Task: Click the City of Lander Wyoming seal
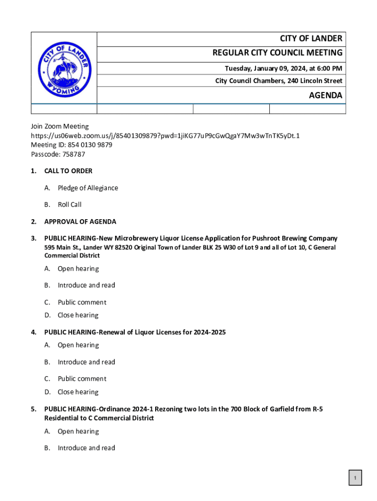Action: click(64, 69)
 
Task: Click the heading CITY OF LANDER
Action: click(311, 39)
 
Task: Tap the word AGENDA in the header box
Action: click(325, 95)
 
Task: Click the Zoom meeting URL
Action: click(165, 136)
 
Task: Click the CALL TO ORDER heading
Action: click(68, 171)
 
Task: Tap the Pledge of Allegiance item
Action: click(88, 188)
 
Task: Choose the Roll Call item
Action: click(70, 205)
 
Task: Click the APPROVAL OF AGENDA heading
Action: click(80, 222)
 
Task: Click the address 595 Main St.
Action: click(63, 248)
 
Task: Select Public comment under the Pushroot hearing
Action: click(82, 302)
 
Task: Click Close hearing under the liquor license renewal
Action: click(78, 392)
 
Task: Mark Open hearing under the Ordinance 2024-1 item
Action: click(78, 432)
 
